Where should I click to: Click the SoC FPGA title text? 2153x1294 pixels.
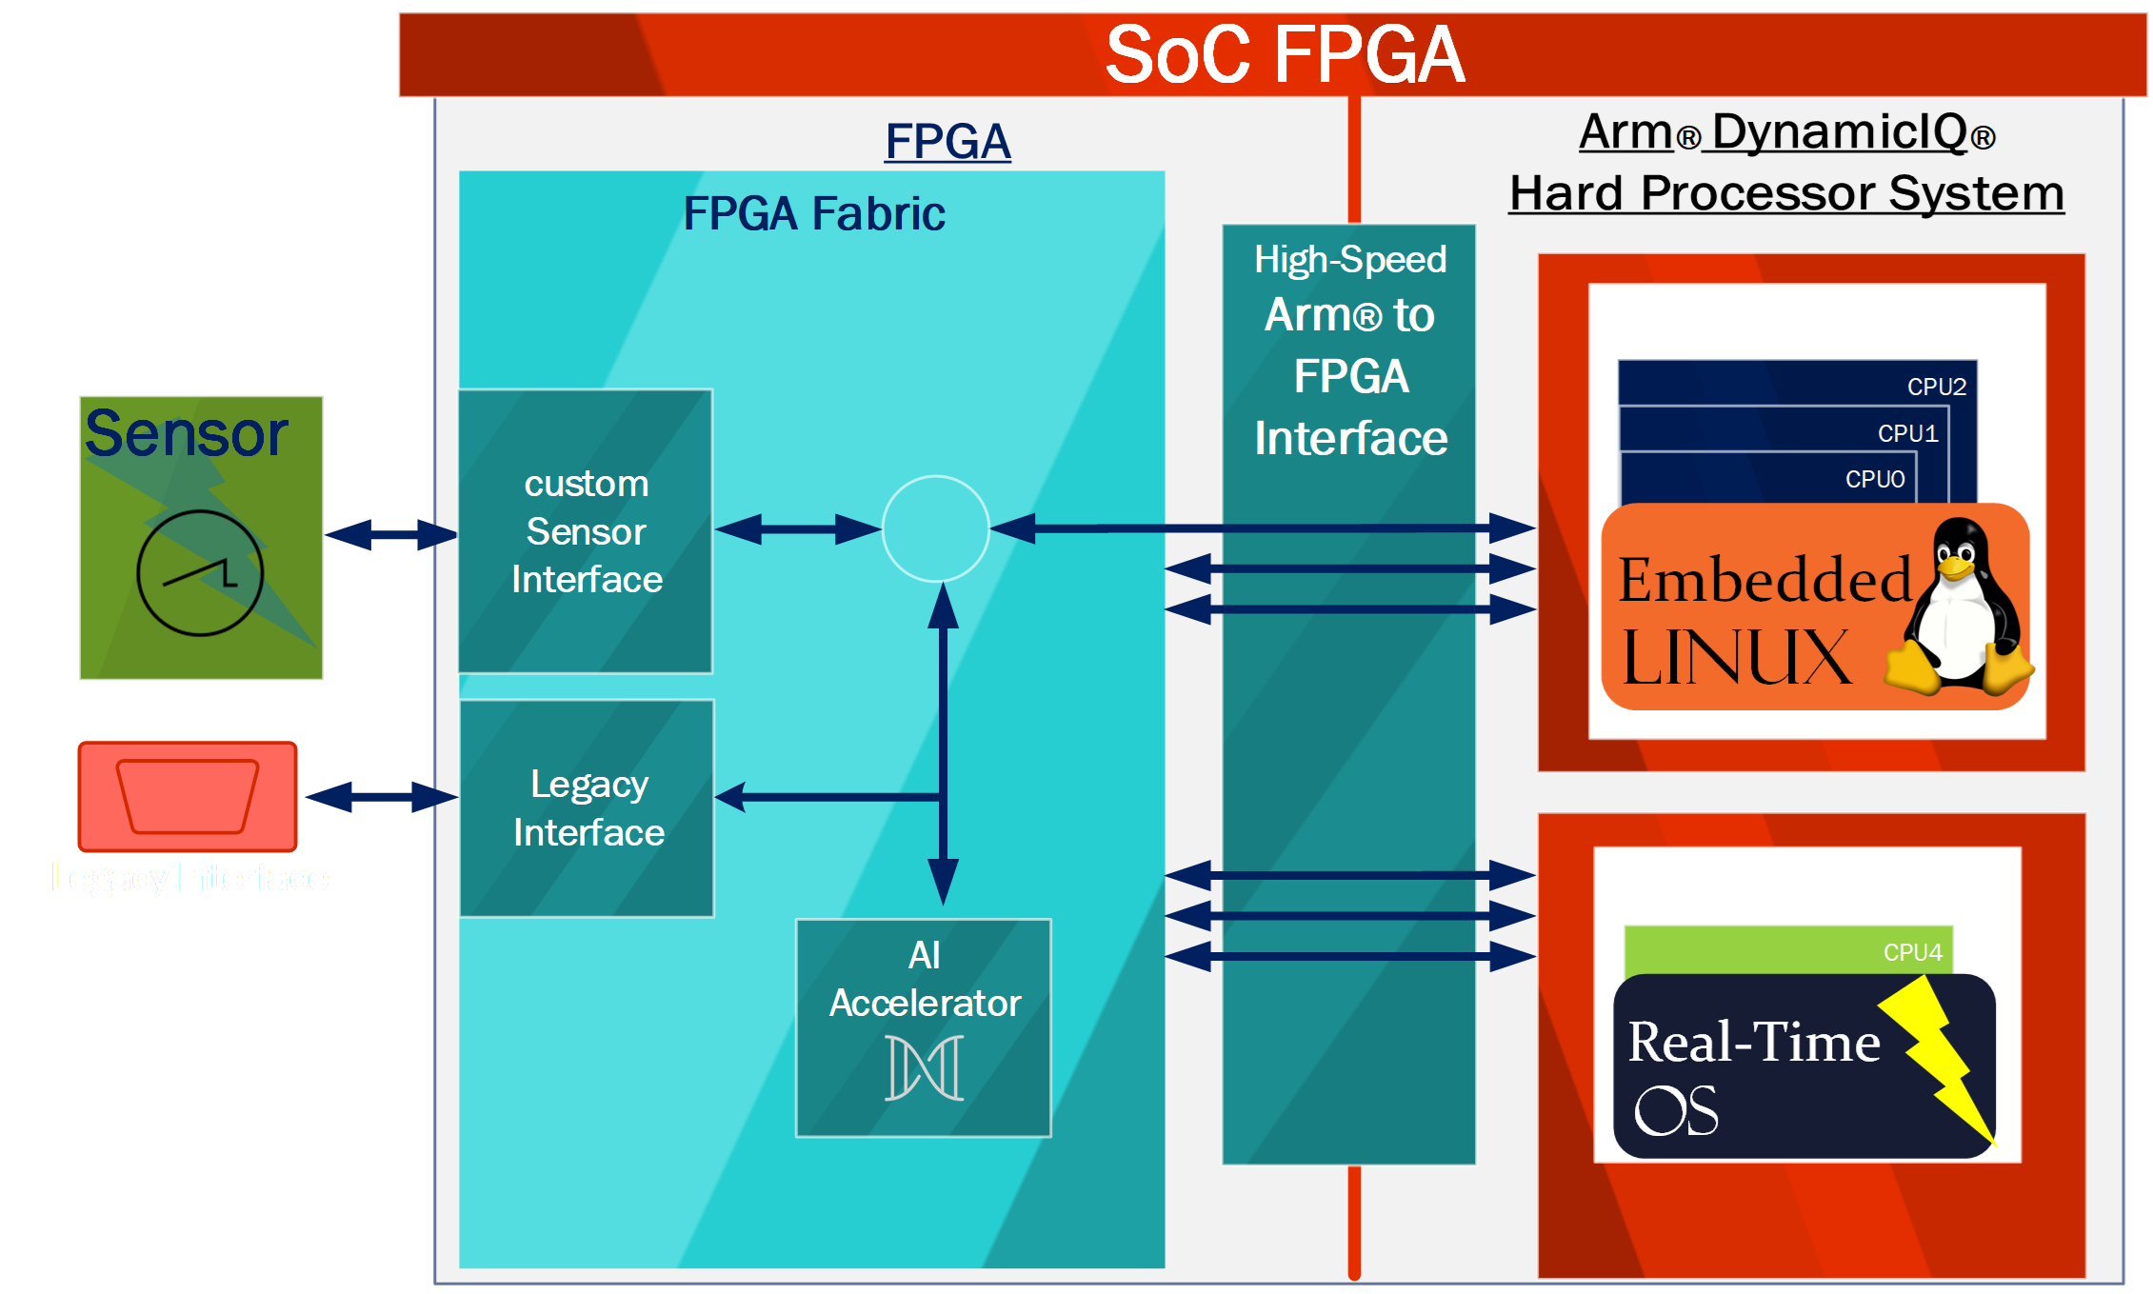click(x=1284, y=55)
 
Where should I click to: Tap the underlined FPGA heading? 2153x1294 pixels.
click(x=947, y=142)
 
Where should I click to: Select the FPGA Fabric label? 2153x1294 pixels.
click(x=814, y=213)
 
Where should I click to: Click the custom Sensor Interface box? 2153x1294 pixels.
click(x=586, y=531)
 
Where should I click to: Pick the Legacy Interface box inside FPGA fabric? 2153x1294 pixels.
click(x=588, y=808)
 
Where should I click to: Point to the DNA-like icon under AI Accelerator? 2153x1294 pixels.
click(x=924, y=1068)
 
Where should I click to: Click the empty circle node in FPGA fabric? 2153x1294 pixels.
click(x=935, y=528)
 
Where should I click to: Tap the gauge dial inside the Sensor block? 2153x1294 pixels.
click(x=200, y=573)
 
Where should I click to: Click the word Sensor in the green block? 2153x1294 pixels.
click(x=187, y=434)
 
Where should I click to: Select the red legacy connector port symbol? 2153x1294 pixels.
click(x=188, y=796)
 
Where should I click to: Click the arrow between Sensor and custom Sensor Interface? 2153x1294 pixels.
click(x=391, y=534)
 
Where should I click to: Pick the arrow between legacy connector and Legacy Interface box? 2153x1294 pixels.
click(x=381, y=797)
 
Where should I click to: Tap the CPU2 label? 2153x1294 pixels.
click(x=1936, y=387)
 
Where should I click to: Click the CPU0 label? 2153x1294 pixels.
click(x=1874, y=479)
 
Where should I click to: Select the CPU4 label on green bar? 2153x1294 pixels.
click(x=1912, y=952)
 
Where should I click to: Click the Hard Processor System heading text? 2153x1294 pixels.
click(x=1786, y=193)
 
